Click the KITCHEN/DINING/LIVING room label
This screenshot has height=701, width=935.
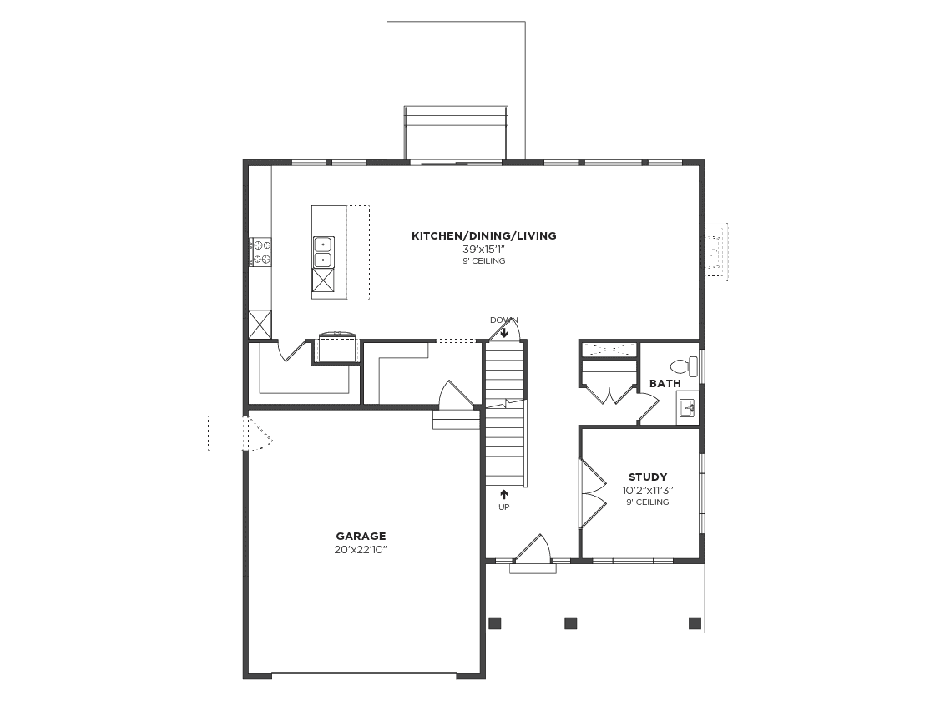pyautogui.click(x=483, y=236)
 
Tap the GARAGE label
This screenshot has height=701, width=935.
pyautogui.click(x=361, y=537)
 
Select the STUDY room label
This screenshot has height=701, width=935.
pyautogui.click(x=648, y=477)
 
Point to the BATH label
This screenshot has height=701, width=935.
pyautogui.click(x=665, y=384)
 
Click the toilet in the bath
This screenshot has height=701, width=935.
pyautogui.click(x=684, y=366)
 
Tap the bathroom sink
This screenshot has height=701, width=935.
pyautogui.click(x=688, y=408)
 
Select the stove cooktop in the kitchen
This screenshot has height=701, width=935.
pyautogui.click(x=261, y=252)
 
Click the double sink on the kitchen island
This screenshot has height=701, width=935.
pyautogui.click(x=322, y=252)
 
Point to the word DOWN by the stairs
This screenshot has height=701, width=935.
pyautogui.click(x=503, y=320)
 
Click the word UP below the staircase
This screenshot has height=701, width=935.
pyautogui.click(x=503, y=507)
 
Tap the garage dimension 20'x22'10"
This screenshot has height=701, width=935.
pyautogui.click(x=361, y=550)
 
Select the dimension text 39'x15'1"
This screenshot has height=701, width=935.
pyautogui.click(x=483, y=250)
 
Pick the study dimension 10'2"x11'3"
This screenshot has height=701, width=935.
pyautogui.click(x=648, y=491)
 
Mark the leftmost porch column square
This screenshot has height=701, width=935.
pyautogui.click(x=494, y=623)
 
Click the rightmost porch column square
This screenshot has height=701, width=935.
pyautogui.click(x=695, y=623)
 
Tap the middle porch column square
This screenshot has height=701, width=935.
pyautogui.click(x=571, y=623)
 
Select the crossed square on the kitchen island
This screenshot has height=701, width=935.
pyautogui.click(x=323, y=280)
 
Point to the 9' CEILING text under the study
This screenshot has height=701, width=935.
pyautogui.click(x=648, y=502)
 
